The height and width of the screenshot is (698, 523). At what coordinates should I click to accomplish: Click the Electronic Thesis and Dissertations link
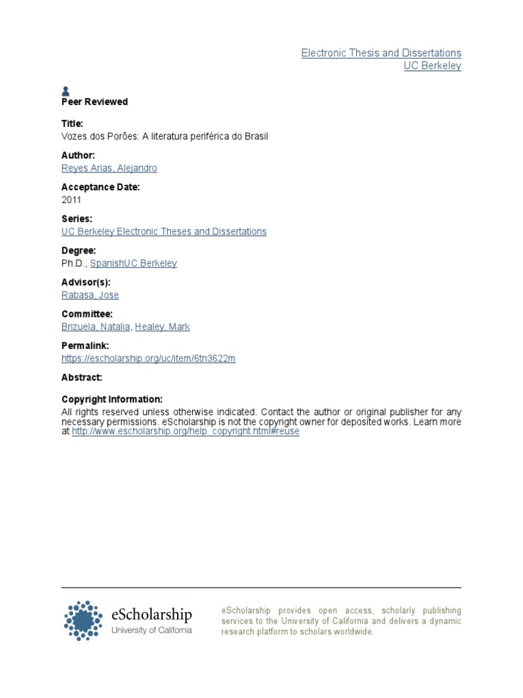(x=381, y=52)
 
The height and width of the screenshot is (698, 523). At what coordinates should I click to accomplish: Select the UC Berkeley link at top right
(x=432, y=66)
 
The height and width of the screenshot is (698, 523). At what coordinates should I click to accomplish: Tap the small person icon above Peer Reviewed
(x=65, y=91)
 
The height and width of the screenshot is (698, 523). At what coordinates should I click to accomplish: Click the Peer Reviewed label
(x=95, y=102)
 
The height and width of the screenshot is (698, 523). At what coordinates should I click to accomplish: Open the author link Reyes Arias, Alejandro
(x=109, y=168)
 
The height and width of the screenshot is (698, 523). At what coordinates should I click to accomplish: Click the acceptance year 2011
(x=71, y=200)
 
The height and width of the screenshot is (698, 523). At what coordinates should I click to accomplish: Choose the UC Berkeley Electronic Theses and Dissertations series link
(x=163, y=231)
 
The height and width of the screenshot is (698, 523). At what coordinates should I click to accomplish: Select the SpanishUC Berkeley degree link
(x=138, y=263)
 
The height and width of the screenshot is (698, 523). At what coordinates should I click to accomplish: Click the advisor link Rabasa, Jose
(x=90, y=295)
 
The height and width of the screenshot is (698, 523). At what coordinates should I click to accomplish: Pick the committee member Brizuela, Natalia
(x=95, y=327)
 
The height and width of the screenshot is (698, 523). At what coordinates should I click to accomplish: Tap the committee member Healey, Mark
(x=162, y=327)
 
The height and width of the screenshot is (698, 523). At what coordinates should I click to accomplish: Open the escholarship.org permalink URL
(x=148, y=359)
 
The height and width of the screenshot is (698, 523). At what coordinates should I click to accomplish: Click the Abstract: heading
(x=82, y=377)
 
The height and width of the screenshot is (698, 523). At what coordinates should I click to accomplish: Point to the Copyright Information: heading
(x=112, y=399)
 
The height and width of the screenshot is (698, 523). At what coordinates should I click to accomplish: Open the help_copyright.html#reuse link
(x=185, y=431)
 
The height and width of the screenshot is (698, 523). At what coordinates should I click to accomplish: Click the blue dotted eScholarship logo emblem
(x=84, y=620)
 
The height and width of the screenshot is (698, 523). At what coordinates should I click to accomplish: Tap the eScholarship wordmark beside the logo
(x=151, y=614)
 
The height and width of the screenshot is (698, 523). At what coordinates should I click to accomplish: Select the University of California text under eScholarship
(x=151, y=630)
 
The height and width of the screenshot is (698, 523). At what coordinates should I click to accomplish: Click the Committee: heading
(x=86, y=314)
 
